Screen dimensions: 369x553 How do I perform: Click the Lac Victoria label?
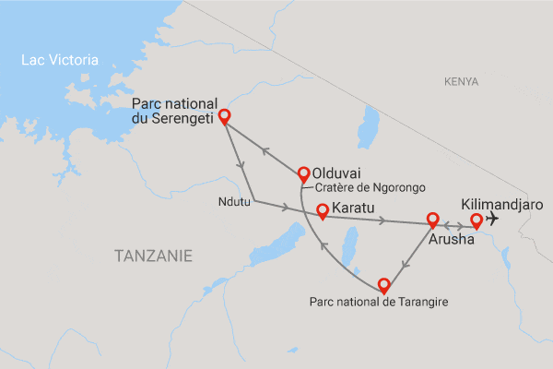pos(60,61)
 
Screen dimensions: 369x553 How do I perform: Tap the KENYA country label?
pos(461,82)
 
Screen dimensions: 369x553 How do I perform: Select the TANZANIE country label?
pos(154,255)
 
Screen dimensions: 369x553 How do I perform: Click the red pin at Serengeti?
pos(223,120)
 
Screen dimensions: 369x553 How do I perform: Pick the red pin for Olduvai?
pos(303,174)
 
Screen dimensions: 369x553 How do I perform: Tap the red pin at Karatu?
pos(323,212)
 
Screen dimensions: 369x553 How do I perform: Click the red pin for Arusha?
pos(432,221)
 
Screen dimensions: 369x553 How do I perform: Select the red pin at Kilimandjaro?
pos(476,221)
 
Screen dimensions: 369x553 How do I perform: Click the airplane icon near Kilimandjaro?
pos(492,219)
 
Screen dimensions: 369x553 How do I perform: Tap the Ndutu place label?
pos(235,201)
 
